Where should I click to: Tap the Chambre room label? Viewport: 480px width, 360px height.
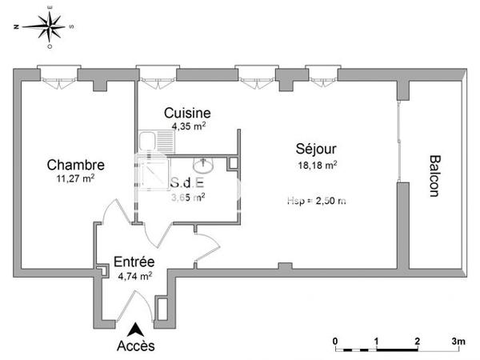(75, 165)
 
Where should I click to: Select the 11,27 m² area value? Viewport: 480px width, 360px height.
(75, 178)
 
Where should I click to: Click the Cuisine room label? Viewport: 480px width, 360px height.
(187, 113)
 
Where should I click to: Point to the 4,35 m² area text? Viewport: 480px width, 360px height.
(189, 126)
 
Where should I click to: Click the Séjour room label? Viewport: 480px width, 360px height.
(316, 149)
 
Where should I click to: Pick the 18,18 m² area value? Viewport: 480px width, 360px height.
(316, 165)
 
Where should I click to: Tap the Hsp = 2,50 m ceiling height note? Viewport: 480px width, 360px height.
(316, 201)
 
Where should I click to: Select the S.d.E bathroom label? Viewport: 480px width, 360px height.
(186, 182)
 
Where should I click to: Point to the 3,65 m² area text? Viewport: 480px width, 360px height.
(188, 196)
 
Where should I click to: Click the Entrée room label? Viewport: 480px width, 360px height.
(134, 262)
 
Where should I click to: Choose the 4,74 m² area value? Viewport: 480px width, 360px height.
(134, 276)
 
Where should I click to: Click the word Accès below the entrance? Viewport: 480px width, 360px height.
(136, 346)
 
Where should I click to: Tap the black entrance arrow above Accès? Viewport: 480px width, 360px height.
(137, 327)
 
